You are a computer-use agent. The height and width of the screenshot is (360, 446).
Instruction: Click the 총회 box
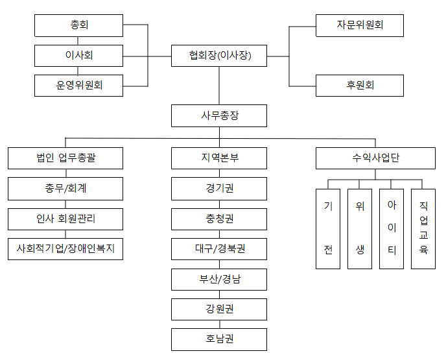(x=79, y=25)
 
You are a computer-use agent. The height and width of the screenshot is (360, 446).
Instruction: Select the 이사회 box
(x=79, y=56)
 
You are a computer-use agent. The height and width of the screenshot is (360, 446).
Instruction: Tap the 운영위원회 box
(x=79, y=86)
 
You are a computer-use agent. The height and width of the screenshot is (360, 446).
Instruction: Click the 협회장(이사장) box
(x=219, y=56)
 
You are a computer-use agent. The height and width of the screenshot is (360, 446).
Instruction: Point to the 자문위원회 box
(x=360, y=25)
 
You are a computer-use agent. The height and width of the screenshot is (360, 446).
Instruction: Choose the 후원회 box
(x=360, y=86)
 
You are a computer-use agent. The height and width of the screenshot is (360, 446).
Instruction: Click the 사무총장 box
(x=219, y=116)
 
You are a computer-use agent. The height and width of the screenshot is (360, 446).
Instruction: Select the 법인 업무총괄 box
(x=65, y=158)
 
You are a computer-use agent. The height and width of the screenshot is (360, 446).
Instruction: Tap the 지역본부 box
(x=219, y=158)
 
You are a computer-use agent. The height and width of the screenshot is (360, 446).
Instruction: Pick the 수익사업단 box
(x=375, y=158)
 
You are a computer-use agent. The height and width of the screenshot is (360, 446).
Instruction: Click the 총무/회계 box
(x=65, y=189)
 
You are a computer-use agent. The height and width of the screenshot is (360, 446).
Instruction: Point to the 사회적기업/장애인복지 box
(x=65, y=249)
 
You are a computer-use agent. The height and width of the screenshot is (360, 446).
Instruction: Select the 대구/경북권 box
(x=219, y=249)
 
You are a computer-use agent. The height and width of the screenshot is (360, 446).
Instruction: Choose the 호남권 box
(x=219, y=339)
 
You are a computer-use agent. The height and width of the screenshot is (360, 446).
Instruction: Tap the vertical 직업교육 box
(x=423, y=229)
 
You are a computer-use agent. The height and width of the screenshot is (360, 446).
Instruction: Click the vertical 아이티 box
(x=392, y=229)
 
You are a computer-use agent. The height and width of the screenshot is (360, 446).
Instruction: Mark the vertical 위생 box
(x=360, y=229)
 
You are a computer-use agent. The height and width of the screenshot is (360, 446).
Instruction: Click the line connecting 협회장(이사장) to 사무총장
(x=219, y=86)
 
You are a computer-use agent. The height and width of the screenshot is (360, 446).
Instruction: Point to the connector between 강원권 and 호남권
(x=219, y=324)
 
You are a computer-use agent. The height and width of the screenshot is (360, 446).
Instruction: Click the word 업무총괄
(x=77, y=158)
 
